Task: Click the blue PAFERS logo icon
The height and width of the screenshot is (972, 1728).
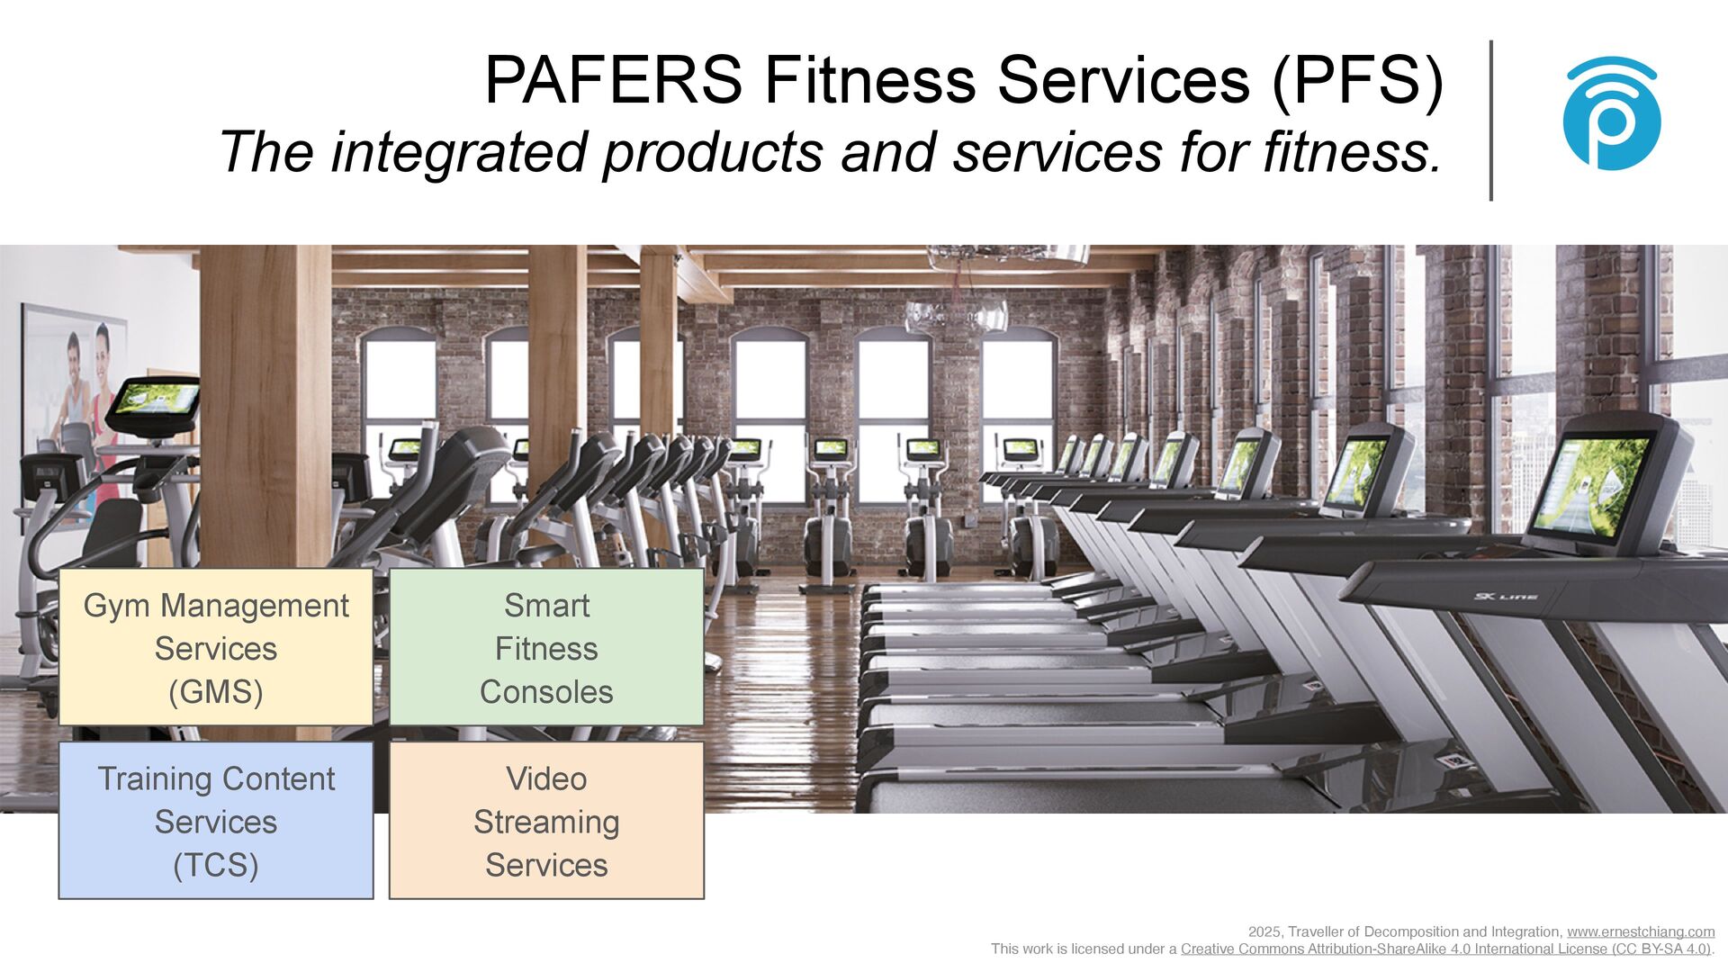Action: coord(1611,114)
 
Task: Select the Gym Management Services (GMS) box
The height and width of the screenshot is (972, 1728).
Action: coord(216,647)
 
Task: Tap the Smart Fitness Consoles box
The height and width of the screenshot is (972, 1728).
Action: coord(546,647)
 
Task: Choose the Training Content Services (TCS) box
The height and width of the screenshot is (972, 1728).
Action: coord(216,820)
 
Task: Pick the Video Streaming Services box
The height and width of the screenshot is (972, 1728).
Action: coord(546,820)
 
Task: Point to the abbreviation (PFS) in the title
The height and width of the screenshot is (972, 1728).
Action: coord(1357,81)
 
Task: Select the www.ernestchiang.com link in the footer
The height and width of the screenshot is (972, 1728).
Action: coord(1641,931)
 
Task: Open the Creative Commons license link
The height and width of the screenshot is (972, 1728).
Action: coord(1445,949)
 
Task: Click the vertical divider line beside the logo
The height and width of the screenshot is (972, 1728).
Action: coord(1491,121)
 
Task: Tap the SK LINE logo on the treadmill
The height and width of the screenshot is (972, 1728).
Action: coord(1506,597)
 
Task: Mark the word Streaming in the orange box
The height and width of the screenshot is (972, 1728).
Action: coord(546,823)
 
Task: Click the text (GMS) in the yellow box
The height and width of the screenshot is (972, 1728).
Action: coord(216,692)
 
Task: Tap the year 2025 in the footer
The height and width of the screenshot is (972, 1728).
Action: coord(1265,932)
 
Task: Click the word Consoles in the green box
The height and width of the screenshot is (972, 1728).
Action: coord(546,692)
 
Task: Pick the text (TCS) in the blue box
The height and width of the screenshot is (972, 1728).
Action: coord(216,866)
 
